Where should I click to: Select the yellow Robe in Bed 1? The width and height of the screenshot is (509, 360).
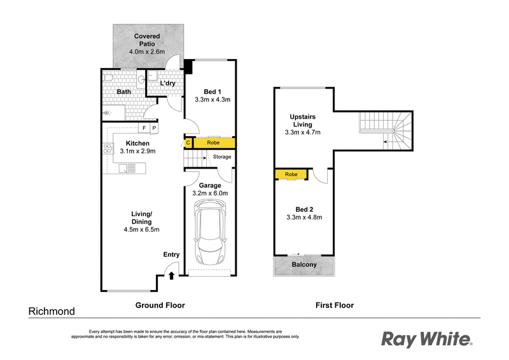point(214,142)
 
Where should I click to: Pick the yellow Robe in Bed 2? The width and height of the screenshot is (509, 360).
point(291,174)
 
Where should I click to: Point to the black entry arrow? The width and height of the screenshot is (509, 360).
point(171,275)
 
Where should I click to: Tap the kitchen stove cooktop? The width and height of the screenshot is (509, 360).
point(107,151)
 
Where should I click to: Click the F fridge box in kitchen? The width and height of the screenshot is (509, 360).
point(144,128)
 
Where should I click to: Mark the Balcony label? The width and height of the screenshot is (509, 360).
point(304,265)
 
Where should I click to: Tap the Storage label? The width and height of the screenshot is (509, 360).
point(222,156)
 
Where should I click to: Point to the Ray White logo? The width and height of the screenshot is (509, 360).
point(426,339)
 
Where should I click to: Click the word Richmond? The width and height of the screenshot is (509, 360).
point(52,312)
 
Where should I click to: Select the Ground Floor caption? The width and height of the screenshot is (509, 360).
point(160,305)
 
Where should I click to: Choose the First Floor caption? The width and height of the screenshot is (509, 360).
point(335,305)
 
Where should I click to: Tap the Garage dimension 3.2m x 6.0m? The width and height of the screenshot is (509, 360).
point(210,193)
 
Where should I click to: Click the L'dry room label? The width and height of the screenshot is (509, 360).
point(168,83)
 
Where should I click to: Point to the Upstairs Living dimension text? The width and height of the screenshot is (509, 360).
point(303,132)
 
